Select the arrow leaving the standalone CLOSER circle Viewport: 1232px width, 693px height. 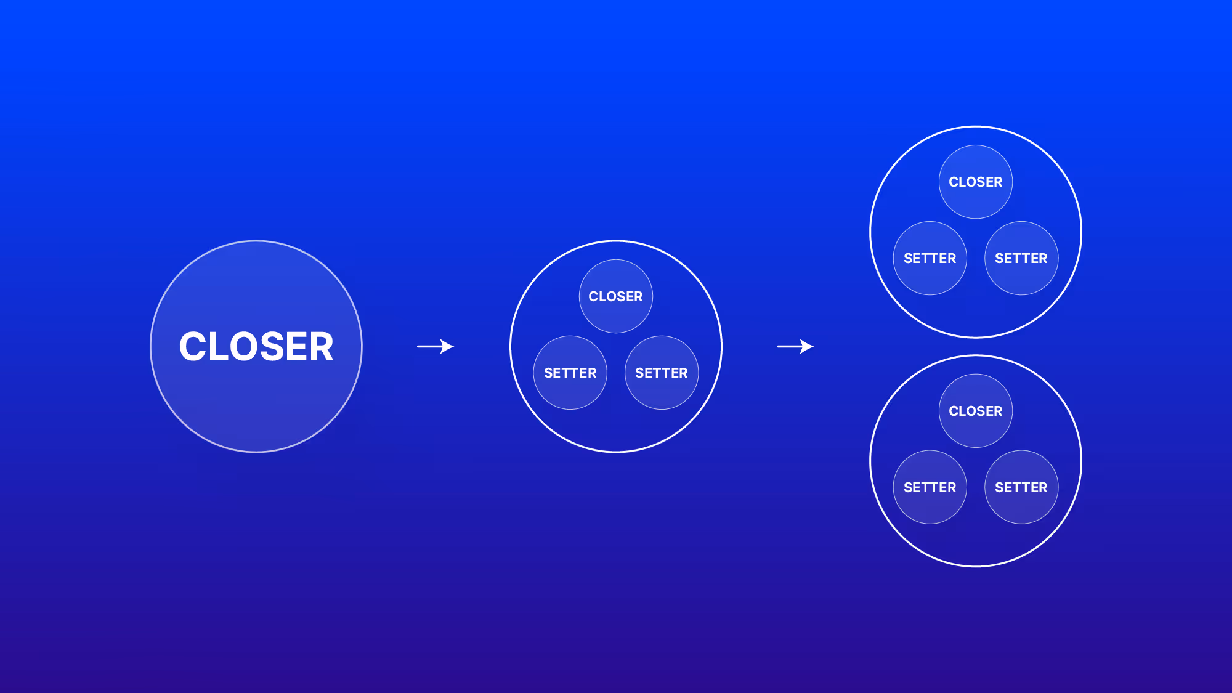(435, 347)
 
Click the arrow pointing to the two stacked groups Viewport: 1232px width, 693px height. (795, 347)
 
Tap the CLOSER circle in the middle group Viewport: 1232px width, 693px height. (615, 296)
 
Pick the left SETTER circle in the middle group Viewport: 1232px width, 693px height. (570, 373)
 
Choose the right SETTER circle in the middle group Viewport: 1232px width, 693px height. (662, 373)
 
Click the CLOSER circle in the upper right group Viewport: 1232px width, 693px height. (976, 182)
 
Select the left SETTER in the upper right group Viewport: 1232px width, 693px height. (930, 258)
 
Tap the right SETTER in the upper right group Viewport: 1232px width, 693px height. (1021, 258)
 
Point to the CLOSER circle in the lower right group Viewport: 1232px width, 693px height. (976, 411)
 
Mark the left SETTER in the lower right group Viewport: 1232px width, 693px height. (930, 487)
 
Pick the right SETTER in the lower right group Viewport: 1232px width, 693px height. (1021, 487)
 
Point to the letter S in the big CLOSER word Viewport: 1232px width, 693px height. (269, 346)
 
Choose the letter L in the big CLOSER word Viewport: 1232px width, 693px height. (216, 346)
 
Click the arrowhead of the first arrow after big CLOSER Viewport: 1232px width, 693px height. (448, 347)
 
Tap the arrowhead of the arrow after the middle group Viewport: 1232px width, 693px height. (808, 347)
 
